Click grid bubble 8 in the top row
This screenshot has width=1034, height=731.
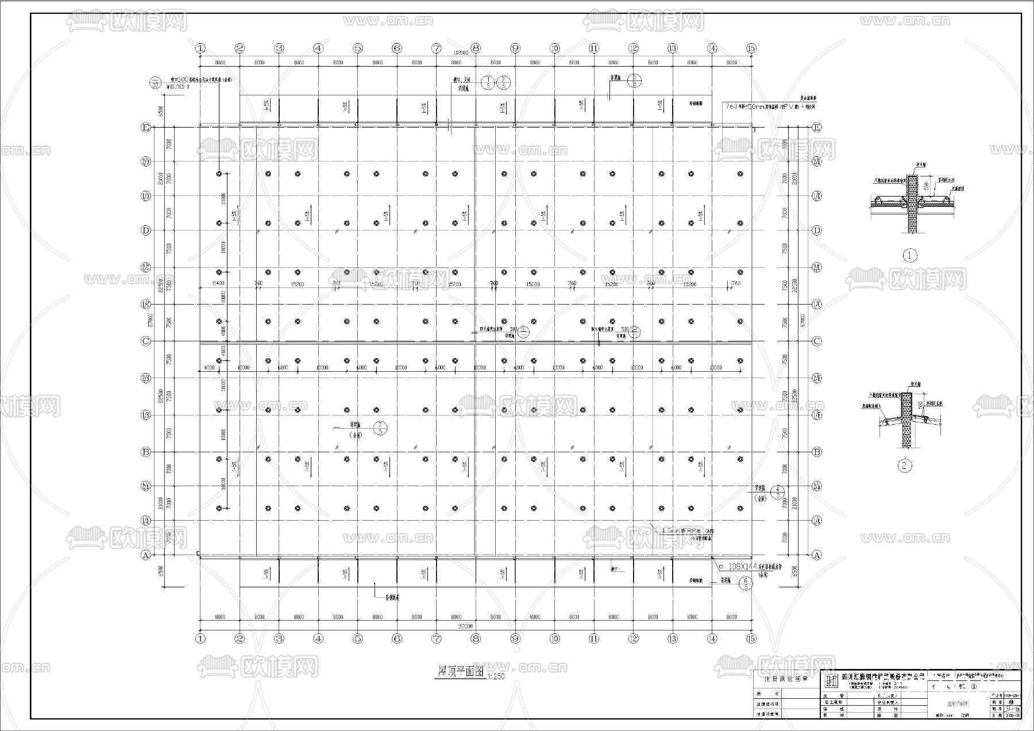point(475,48)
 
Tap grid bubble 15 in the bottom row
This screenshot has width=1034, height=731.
point(751,638)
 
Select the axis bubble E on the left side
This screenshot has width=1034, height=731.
point(145,128)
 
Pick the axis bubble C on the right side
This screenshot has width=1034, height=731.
point(817,341)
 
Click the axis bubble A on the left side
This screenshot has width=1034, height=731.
point(145,555)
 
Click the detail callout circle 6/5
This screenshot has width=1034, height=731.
point(746,584)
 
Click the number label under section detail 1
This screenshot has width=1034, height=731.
point(910,255)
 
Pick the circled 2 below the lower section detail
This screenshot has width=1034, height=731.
point(905,465)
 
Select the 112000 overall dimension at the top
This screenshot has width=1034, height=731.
point(460,52)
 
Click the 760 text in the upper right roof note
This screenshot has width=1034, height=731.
point(731,106)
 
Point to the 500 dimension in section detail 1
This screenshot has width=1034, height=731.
point(926,187)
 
